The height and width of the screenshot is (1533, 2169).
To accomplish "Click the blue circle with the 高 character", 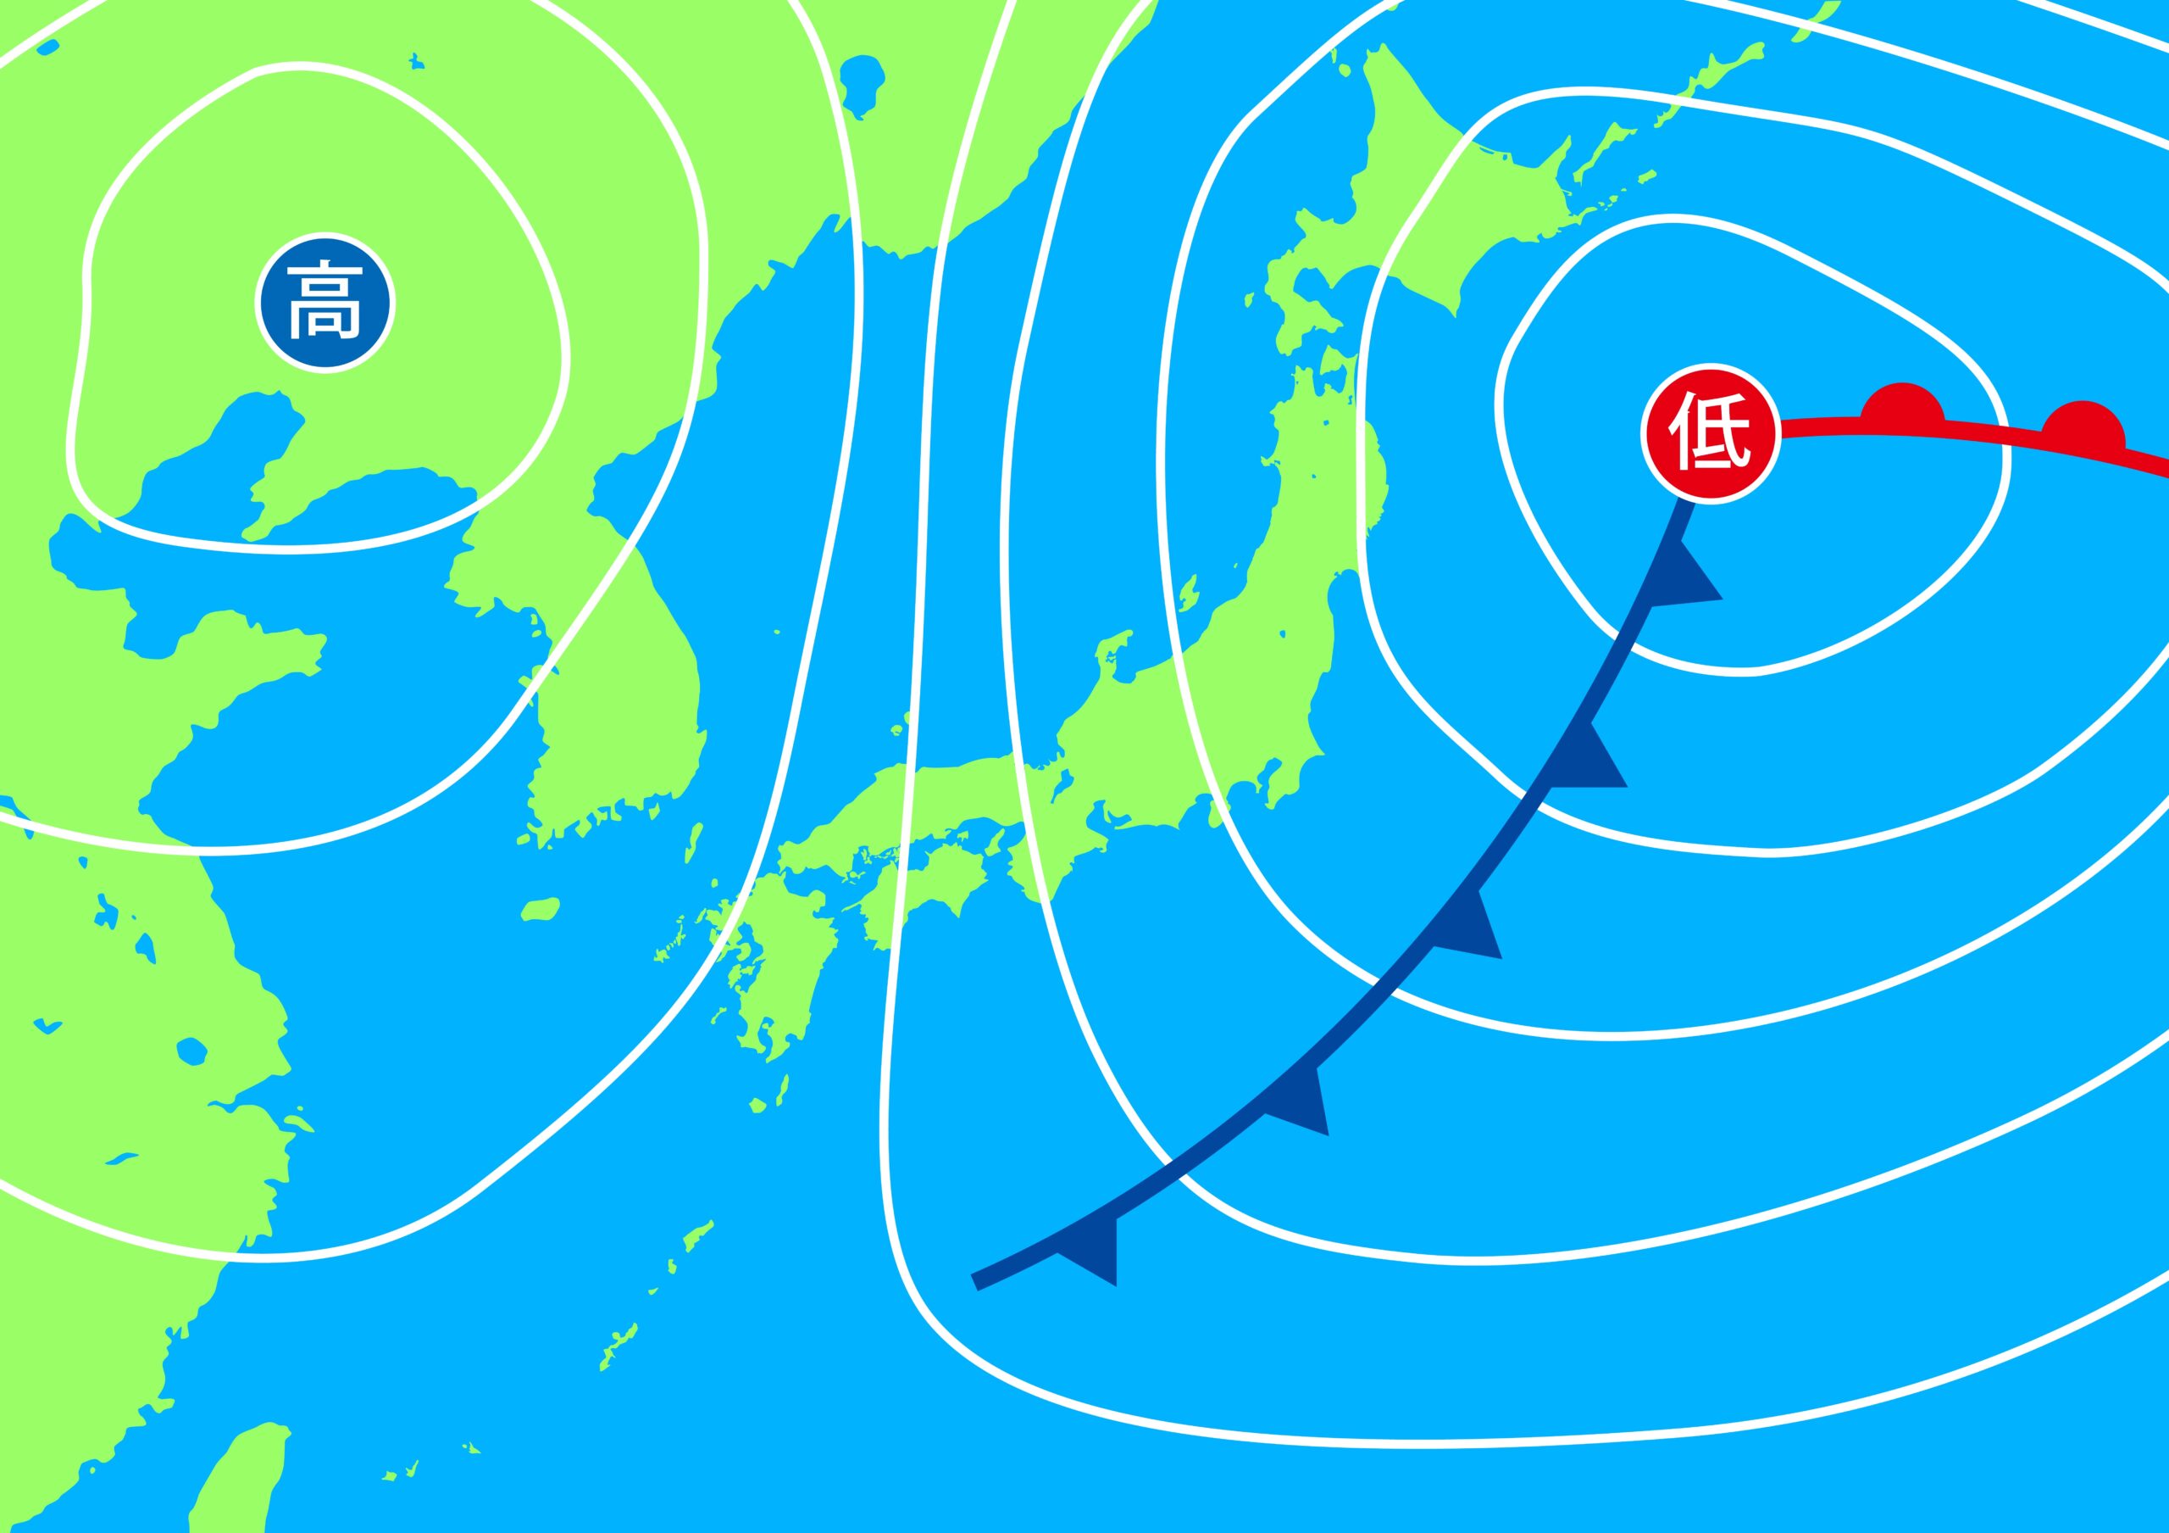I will (x=324, y=303).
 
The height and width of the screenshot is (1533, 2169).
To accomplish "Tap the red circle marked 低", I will (x=1710, y=433).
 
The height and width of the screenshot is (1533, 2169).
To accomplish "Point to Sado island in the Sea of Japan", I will (x=1186, y=594).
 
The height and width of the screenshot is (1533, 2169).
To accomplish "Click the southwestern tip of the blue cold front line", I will (x=977, y=1281).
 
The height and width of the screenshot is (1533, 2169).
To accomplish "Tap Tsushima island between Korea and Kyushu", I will (x=695, y=841).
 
